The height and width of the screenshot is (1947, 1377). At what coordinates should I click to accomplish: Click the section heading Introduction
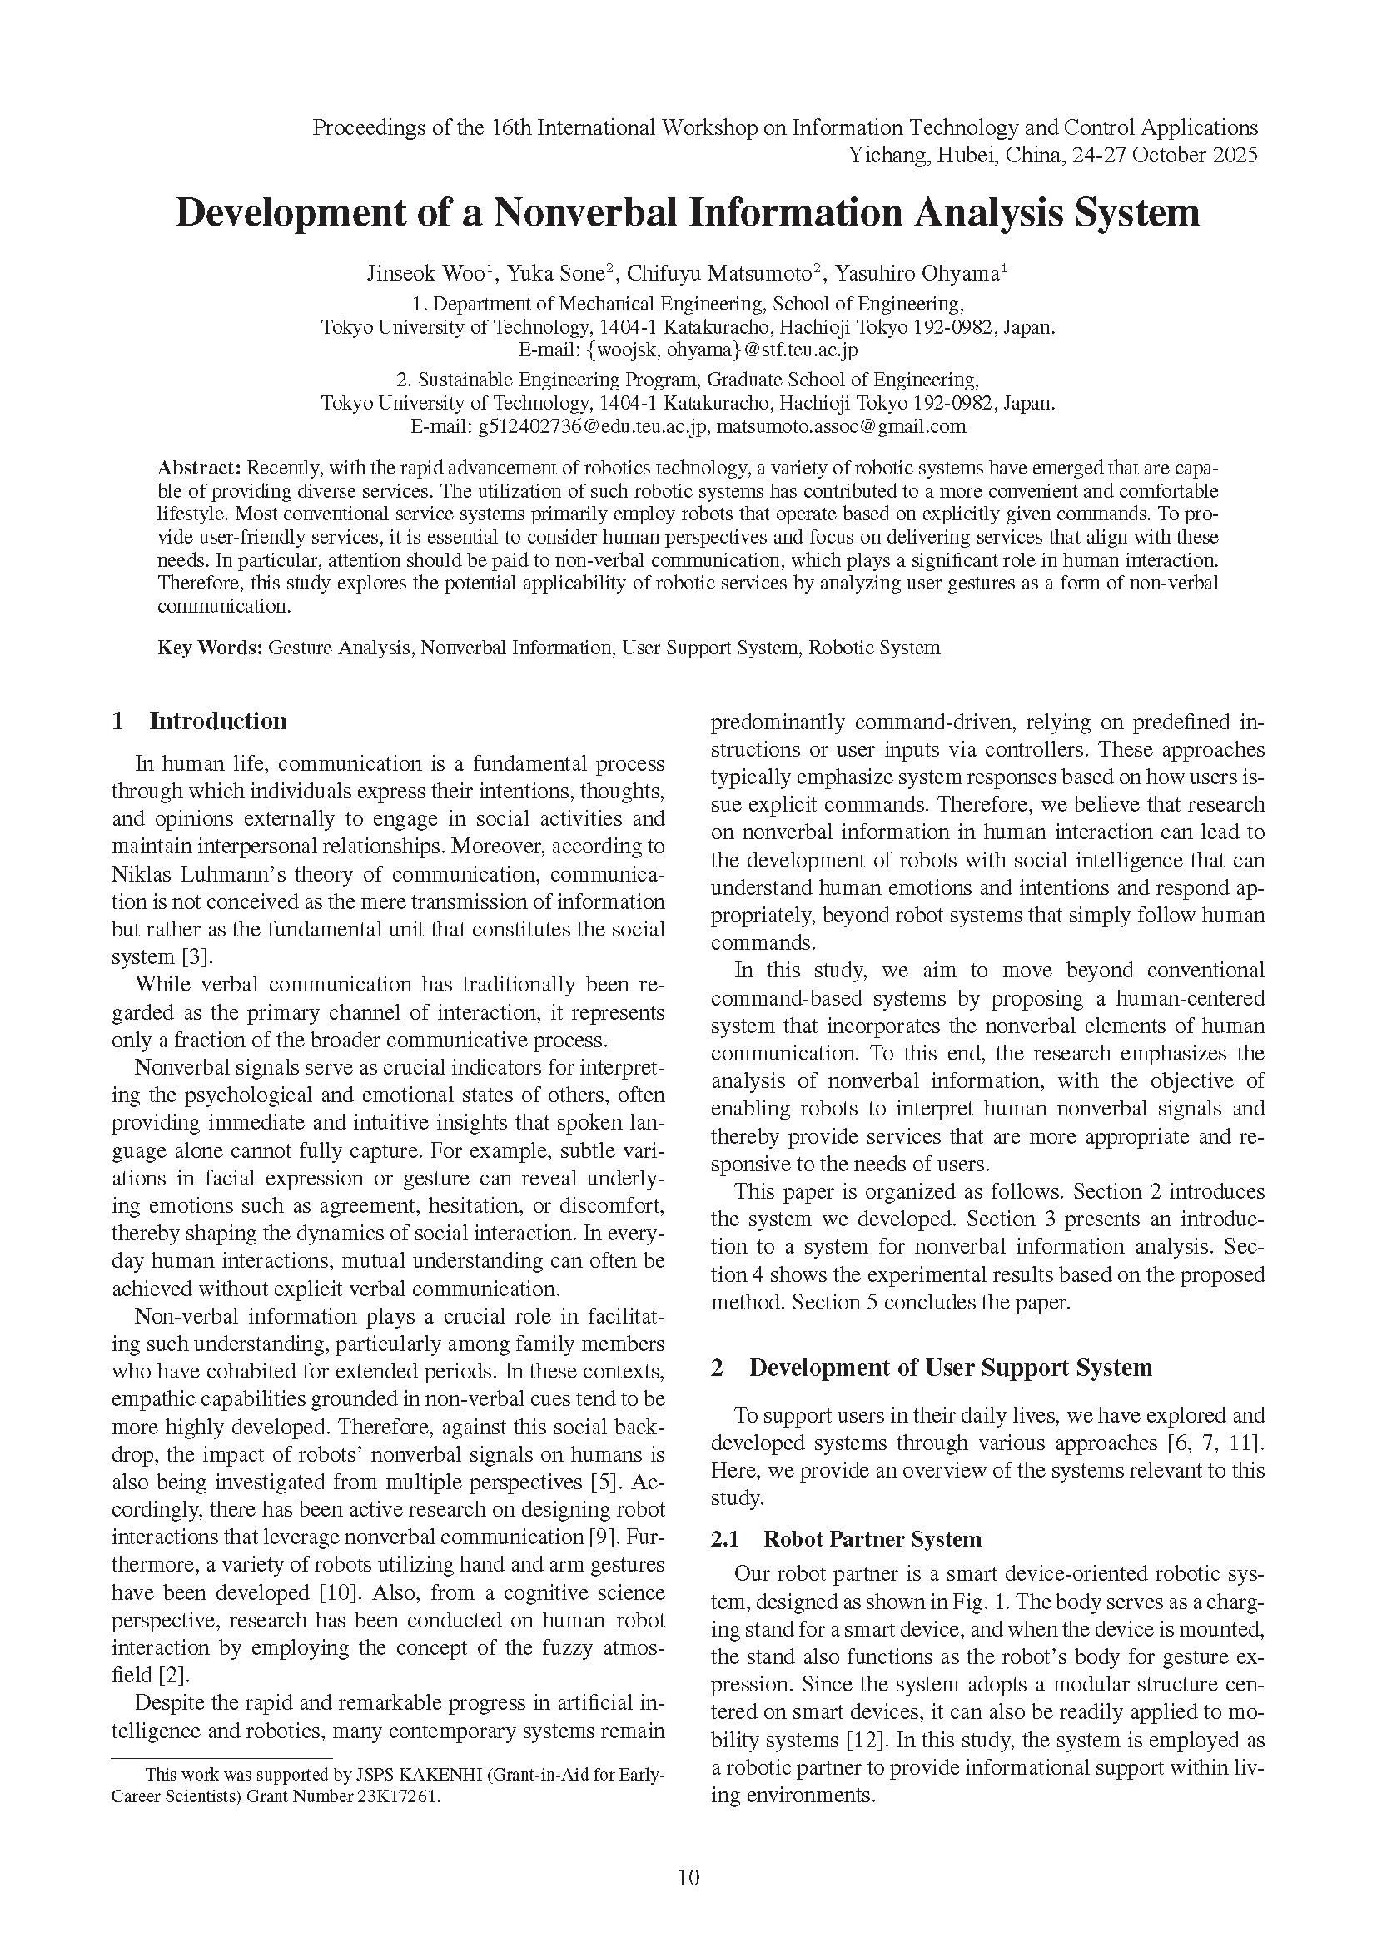tap(218, 721)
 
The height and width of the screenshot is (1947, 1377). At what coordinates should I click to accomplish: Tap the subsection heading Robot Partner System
tap(872, 1539)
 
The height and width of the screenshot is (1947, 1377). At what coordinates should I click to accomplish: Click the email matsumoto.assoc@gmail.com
tap(841, 426)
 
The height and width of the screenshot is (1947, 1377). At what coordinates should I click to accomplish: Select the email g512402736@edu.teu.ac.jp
tap(592, 426)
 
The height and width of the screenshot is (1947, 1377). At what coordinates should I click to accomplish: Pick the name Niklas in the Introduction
tap(140, 874)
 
